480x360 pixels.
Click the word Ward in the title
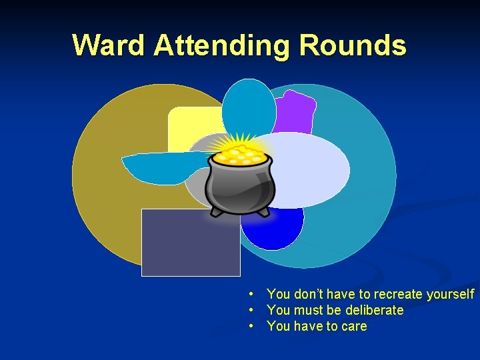click(x=109, y=45)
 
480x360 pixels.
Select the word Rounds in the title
click(x=353, y=45)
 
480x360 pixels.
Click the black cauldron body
click(x=240, y=187)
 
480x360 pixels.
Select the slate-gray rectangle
click(x=191, y=243)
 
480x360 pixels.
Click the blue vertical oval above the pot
click(x=249, y=107)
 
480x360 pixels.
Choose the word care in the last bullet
click(x=353, y=326)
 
